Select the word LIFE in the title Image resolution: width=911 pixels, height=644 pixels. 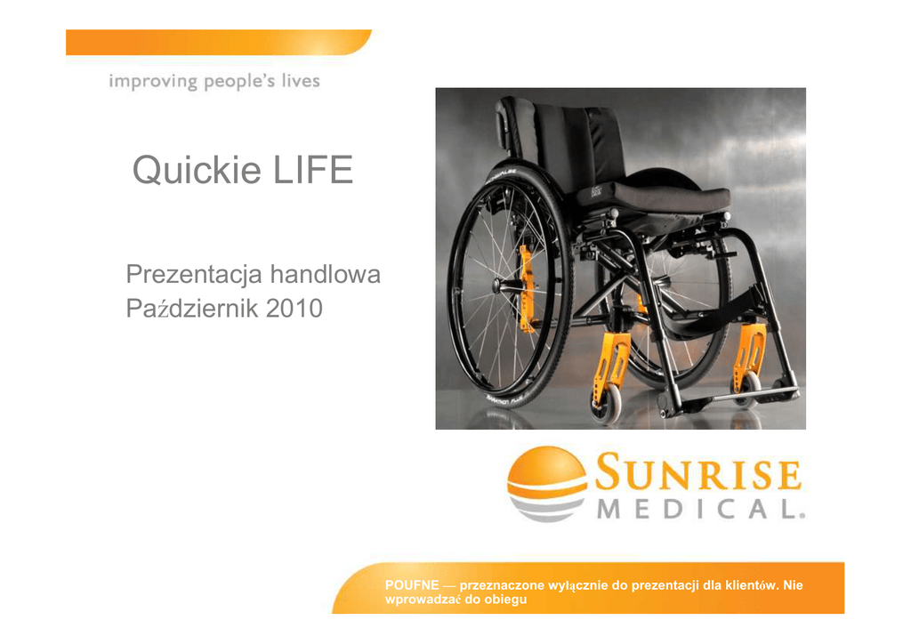[x=312, y=170]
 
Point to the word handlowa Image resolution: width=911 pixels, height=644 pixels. [x=326, y=274]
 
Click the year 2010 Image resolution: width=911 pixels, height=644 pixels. [x=294, y=309]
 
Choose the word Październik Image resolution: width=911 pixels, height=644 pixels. [x=192, y=309]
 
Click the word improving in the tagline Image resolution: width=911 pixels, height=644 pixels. [x=153, y=82]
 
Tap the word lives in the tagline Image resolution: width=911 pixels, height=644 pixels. [x=301, y=80]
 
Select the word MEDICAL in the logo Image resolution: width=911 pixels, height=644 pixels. [x=701, y=510]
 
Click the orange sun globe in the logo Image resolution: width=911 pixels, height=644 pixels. [x=547, y=471]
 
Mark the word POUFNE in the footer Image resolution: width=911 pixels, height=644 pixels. [x=412, y=585]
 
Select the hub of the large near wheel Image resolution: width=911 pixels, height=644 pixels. [x=499, y=286]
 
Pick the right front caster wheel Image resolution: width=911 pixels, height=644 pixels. [x=745, y=389]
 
